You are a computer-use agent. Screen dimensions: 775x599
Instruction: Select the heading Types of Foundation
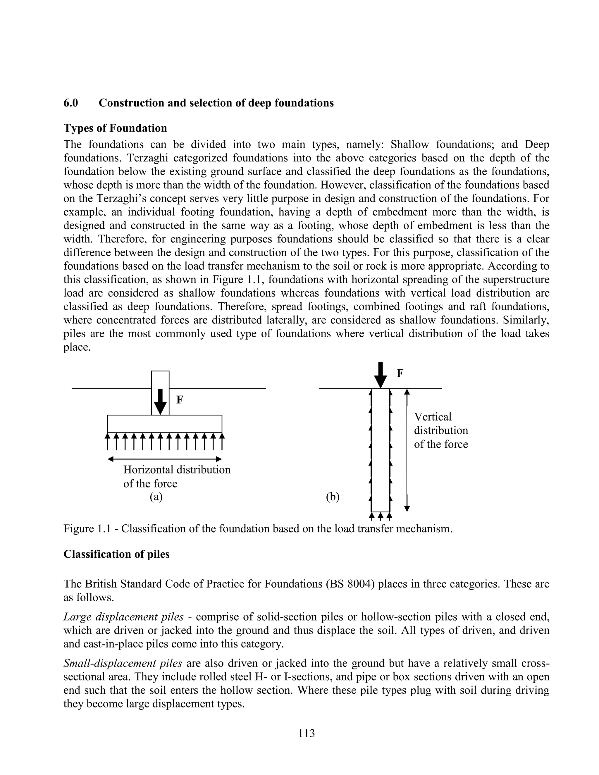115,128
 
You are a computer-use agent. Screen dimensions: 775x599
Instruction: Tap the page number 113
307,733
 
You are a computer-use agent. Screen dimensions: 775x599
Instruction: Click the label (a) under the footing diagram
156,497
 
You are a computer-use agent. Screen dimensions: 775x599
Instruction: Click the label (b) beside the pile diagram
333,497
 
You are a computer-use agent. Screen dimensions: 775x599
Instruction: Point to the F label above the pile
400,373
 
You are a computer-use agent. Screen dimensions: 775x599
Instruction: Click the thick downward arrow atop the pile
381,375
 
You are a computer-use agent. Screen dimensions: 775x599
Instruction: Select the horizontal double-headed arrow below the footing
165,459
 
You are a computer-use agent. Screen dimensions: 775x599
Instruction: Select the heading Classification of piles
116,554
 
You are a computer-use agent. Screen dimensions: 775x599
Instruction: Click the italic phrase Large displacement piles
123,617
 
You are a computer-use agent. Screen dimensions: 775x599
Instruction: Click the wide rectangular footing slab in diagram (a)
165,424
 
